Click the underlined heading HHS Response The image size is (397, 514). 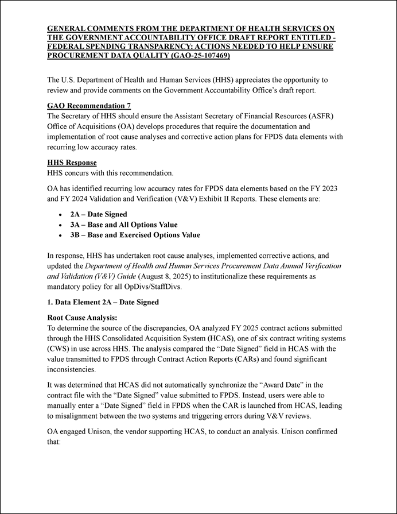(x=68, y=163)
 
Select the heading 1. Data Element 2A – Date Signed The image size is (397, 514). (x=102, y=302)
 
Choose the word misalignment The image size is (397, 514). (x=78, y=415)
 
